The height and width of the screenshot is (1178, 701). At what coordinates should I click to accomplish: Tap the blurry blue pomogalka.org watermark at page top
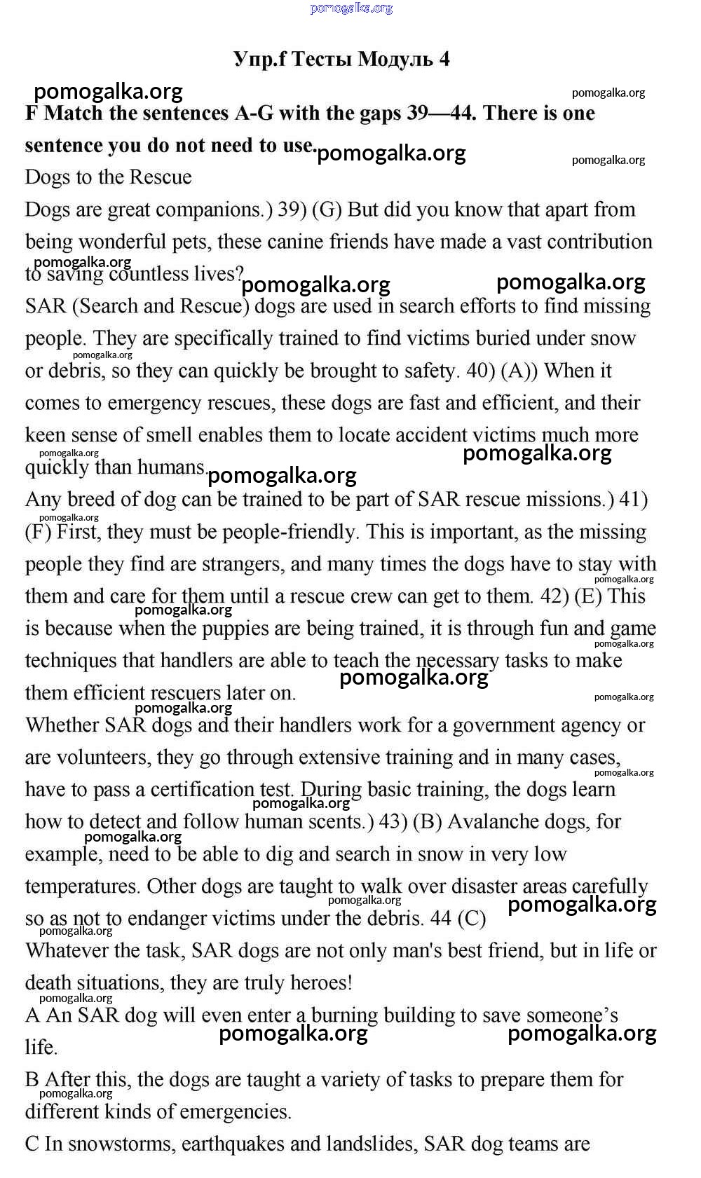[x=350, y=8]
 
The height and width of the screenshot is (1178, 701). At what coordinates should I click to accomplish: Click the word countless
[x=151, y=274]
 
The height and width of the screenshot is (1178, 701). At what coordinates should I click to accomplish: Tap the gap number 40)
[x=481, y=371]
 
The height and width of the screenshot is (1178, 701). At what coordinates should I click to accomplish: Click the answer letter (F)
[x=39, y=532]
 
